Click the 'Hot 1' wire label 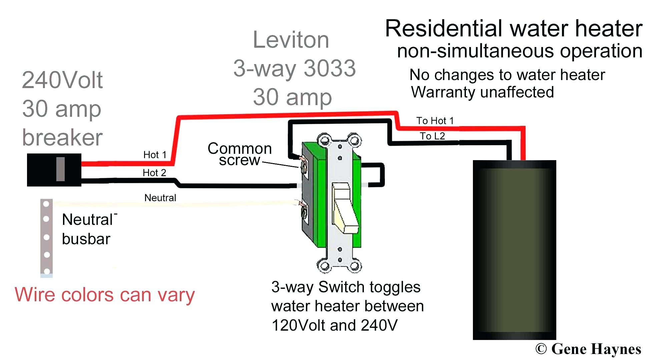click(155, 155)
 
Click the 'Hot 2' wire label click(154, 173)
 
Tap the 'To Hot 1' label click(435, 121)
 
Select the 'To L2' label click(432, 136)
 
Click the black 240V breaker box click(54, 170)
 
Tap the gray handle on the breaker click(60, 169)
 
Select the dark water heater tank click(514, 250)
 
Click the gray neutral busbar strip click(46, 238)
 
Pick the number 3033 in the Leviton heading click(330, 68)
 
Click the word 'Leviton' click(291, 40)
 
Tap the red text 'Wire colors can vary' click(105, 295)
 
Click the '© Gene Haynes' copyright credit click(588, 349)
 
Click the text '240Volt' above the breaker click(62, 80)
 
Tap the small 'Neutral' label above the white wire click(160, 198)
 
